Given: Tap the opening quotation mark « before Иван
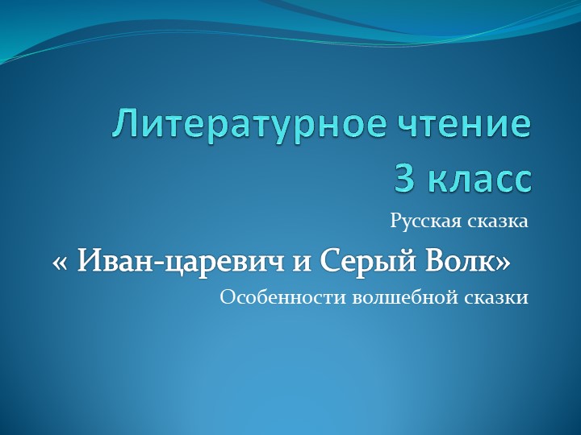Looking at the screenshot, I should pyautogui.click(x=61, y=262).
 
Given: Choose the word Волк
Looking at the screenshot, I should pyautogui.click(x=458, y=261).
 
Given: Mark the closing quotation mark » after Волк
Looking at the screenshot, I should pyautogui.click(x=503, y=262).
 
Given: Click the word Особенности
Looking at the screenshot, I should pyautogui.click(x=282, y=298).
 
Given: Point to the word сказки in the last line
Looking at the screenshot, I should pyautogui.click(x=495, y=298).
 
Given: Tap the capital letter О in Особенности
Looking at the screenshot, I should pyautogui.click(x=227, y=298).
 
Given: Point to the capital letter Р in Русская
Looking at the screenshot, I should pyautogui.click(x=395, y=221).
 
